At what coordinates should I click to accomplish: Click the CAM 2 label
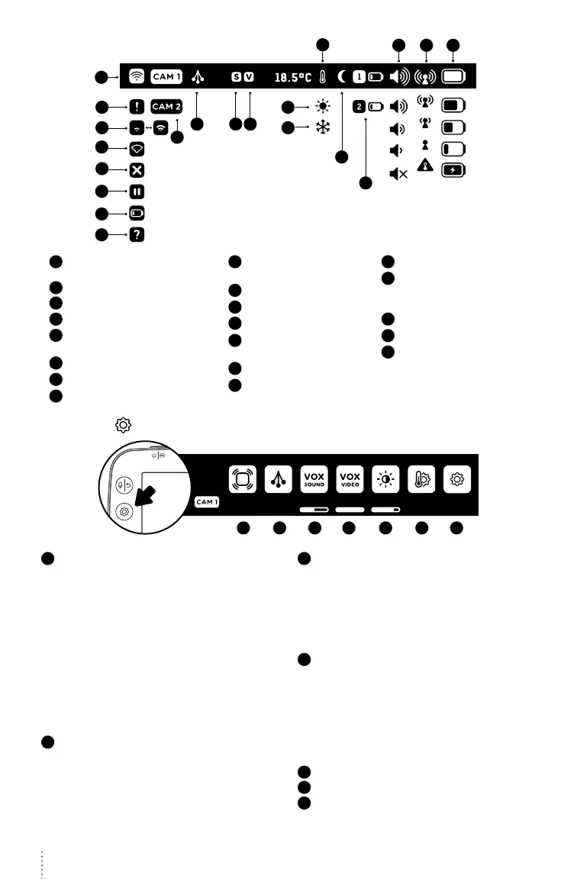[x=166, y=106]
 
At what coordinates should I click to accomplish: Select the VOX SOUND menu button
[x=314, y=479]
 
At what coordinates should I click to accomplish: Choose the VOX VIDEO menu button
[x=350, y=479]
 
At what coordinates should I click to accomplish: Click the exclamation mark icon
[x=138, y=106]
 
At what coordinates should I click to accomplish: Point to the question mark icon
[x=138, y=235]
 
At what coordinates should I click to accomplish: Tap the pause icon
[x=138, y=192]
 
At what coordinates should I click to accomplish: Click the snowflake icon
[x=322, y=128]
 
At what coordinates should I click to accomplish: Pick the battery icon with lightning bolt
[x=453, y=169]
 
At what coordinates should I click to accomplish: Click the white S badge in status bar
[x=236, y=76]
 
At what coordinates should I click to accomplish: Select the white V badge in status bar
[x=249, y=76]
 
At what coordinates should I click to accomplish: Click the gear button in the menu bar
[x=457, y=479]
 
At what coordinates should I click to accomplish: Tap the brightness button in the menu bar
[x=386, y=479]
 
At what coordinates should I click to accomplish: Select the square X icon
[x=138, y=169]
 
